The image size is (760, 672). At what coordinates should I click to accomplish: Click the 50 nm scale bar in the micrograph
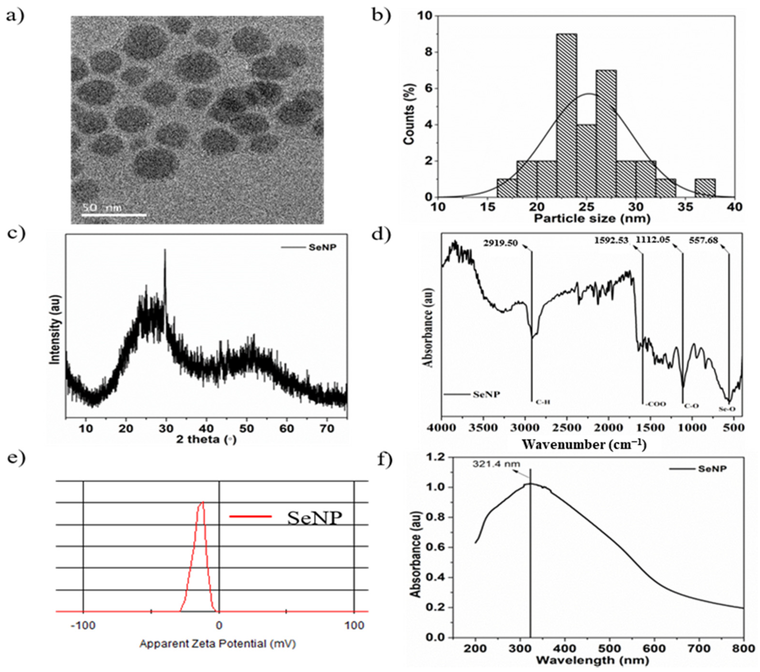[114, 214]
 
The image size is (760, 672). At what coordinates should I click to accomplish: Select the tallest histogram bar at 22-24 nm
[567, 115]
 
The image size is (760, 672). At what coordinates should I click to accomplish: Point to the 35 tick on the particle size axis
[686, 207]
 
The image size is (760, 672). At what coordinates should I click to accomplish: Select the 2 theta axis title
[206, 440]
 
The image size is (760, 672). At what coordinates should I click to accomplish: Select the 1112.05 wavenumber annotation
[653, 240]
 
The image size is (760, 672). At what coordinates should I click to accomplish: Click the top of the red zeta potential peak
[203, 502]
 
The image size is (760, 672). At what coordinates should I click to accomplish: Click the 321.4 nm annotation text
[496, 464]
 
